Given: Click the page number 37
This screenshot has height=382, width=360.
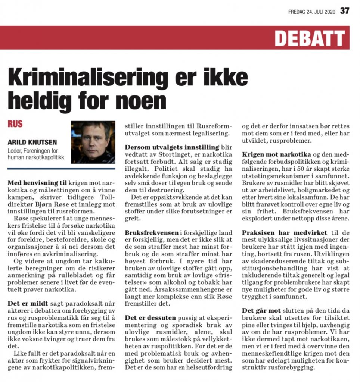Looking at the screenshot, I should (344, 11).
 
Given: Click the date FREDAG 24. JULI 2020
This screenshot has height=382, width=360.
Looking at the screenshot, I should (312, 12).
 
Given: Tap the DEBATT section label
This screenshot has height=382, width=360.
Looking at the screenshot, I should (310, 38).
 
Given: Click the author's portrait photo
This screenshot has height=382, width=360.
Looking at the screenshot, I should (93, 142).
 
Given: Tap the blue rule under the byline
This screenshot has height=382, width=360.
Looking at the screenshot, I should (61, 169).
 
